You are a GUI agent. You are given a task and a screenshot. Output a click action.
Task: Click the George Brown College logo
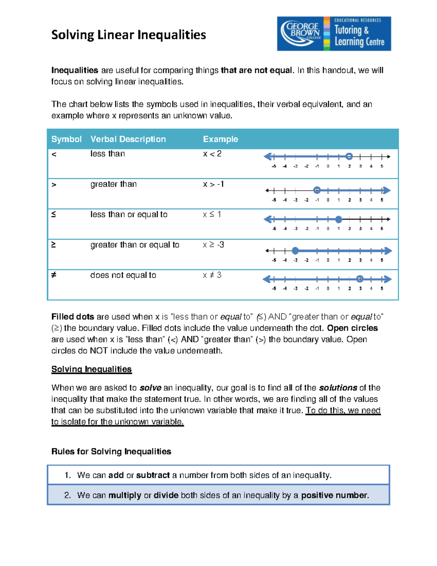(334, 34)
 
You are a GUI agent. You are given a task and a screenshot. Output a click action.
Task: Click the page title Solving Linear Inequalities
(129, 35)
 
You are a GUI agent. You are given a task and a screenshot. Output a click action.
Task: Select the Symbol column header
(66, 139)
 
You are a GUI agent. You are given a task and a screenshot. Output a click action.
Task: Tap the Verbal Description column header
(128, 139)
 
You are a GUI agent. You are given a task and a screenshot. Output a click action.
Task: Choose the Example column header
(220, 139)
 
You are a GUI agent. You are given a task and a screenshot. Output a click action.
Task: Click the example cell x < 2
(212, 154)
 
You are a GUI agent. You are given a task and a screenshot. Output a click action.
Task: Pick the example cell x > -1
(213, 184)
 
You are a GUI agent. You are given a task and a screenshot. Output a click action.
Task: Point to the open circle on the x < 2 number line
(349, 156)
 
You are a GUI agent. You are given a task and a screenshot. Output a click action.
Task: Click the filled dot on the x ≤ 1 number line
(339, 219)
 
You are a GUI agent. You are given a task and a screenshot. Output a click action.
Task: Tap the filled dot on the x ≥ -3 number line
(295, 250)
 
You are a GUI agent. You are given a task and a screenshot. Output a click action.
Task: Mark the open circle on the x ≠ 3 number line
(360, 279)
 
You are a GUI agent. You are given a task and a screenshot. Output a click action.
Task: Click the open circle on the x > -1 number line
(317, 190)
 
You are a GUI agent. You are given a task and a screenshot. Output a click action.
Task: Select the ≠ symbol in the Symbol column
(54, 275)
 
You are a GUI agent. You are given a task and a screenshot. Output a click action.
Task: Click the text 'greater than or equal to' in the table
(135, 245)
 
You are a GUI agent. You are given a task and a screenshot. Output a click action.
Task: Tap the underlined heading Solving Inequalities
(91, 369)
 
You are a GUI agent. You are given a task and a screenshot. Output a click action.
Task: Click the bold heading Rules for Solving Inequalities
(111, 452)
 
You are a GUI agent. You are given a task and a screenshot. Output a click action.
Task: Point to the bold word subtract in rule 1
(153, 475)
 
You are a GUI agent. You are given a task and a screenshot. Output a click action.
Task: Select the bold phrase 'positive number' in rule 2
(334, 495)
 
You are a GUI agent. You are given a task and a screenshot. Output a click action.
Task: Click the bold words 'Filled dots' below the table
(72, 317)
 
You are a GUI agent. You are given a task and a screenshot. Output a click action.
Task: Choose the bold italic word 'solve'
(150, 388)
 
